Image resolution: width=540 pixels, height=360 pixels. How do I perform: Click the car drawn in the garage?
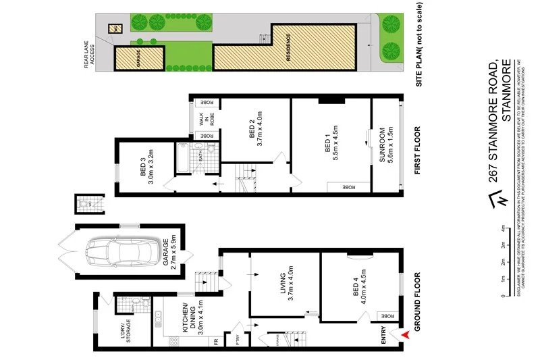[126, 253]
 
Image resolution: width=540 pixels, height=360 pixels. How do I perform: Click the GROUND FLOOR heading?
[416, 301]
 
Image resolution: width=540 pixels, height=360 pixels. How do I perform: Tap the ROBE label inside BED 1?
[348, 186]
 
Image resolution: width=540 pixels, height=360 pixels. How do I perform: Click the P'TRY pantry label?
[238, 341]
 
